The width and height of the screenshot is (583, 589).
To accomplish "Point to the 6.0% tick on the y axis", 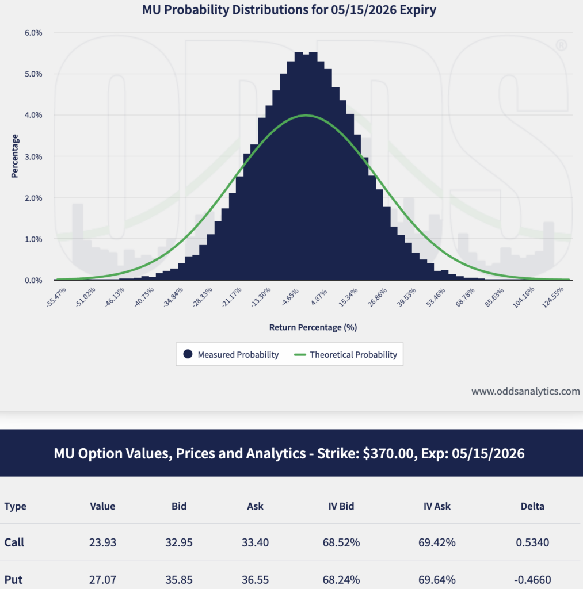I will click(x=33, y=33).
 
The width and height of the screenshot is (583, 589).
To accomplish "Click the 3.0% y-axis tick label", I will click(x=33, y=156).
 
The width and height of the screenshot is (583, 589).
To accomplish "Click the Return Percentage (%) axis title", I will click(x=313, y=327).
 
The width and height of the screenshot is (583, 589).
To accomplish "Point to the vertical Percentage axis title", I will click(x=15, y=156).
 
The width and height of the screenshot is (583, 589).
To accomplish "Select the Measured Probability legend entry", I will click(x=231, y=355).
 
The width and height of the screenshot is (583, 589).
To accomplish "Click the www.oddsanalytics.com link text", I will click(x=525, y=391).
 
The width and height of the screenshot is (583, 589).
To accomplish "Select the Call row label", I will click(x=14, y=542).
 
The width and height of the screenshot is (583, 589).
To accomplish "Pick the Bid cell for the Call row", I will click(x=179, y=542).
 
